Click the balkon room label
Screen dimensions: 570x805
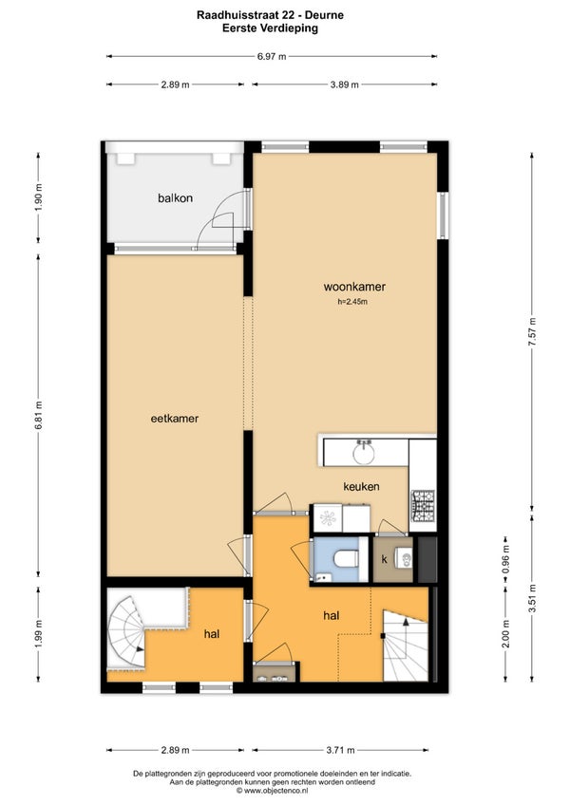click(175, 198)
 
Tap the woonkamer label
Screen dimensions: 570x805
click(354, 287)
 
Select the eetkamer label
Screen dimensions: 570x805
click(174, 419)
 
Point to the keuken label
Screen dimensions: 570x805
click(361, 486)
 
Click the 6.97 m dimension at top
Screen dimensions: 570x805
click(272, 57)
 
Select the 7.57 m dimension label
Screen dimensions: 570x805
click(532, 331)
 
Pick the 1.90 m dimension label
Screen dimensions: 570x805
click(39, 197)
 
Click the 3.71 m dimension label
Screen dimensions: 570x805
click(340, 750)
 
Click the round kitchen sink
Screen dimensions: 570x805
click(364, 454)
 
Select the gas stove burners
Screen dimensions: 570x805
click(423, 504)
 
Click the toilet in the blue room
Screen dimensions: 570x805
click(346, 558)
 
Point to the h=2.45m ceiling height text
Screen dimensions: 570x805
click(352, 302)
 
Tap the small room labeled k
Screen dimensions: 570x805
click(393, 559)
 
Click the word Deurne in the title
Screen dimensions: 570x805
click(327, 15)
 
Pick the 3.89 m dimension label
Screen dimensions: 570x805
click(344, 84)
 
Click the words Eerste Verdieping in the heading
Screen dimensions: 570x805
click(270, 28)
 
